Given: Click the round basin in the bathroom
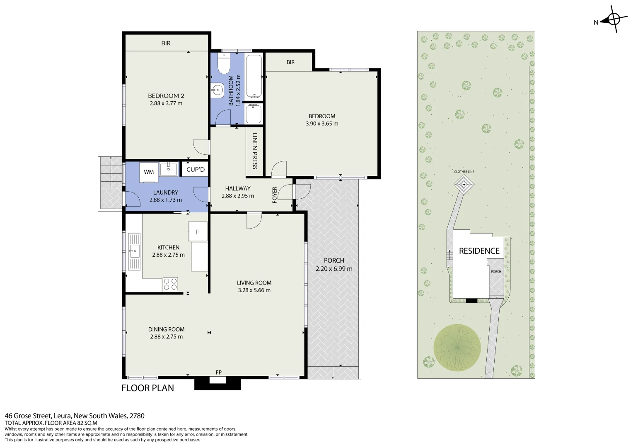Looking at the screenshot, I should click(217, 89).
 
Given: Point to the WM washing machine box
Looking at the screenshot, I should click(149, 172).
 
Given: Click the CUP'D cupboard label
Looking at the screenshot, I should click(195, 169).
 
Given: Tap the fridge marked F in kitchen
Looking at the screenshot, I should click(198, 231).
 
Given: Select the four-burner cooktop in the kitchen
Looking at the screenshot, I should click(170, 284).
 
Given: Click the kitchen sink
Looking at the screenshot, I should click(134, 251).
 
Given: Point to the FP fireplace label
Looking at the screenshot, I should click(218, 372).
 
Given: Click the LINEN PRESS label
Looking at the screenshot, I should click(255, 151).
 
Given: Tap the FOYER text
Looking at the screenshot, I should click(274, 195).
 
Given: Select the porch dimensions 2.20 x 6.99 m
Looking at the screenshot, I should click(334, 269).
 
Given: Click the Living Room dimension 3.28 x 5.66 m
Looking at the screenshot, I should click(254, 290).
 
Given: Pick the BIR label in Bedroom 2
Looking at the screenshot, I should click(166, 43).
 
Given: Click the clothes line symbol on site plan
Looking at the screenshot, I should click(464, 184).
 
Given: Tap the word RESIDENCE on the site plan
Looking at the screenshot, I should click(479, 251).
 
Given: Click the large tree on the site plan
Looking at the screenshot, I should click(457, 348).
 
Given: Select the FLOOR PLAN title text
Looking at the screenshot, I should click(147, 388).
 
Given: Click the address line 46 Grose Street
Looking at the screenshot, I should click(75, 416).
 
